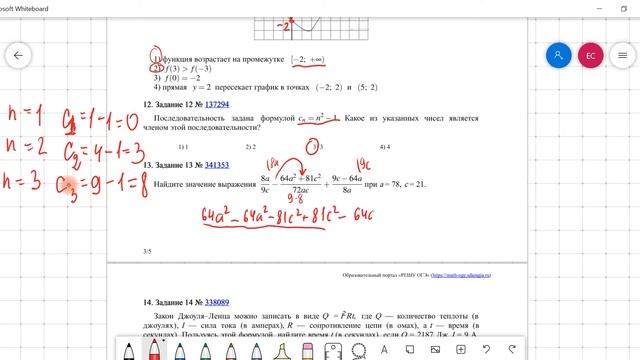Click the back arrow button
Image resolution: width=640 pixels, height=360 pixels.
point(18,56)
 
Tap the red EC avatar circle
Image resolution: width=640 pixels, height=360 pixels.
point(591,56)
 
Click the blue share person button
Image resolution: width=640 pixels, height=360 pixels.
point(559,56)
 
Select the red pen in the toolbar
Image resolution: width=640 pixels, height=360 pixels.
point(155,348)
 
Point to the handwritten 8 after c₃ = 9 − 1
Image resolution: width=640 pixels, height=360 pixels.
point(87,183)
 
